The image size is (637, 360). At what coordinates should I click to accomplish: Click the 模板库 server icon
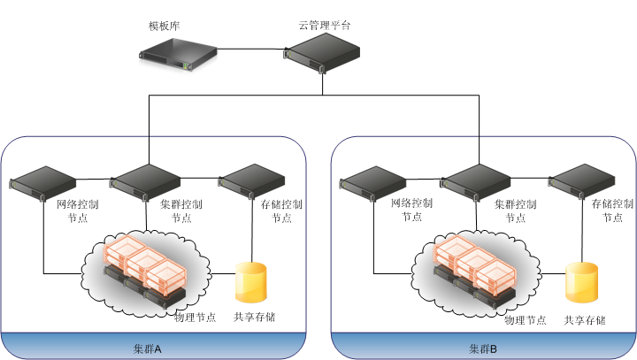click(178, 57)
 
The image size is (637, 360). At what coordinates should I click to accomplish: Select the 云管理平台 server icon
click(324, 60)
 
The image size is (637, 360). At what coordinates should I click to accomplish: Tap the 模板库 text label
click(165, 26)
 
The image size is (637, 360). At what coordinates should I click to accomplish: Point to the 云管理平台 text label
click(324, 26)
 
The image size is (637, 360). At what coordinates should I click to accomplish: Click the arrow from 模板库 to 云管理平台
click(252, 50)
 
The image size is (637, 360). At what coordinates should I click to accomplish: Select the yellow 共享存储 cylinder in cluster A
click(250, 282)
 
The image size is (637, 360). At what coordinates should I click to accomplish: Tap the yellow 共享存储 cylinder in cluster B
click(581, 282)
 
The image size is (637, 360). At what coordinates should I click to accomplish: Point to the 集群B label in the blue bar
click(483, 349)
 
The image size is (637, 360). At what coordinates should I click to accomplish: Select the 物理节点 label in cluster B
click(525, 319)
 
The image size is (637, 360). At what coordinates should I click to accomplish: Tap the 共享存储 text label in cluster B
click(585, 319)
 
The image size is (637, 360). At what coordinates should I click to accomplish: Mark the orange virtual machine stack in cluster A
click(147, 264)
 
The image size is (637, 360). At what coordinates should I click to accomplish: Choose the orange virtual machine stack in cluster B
click(476, 264)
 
